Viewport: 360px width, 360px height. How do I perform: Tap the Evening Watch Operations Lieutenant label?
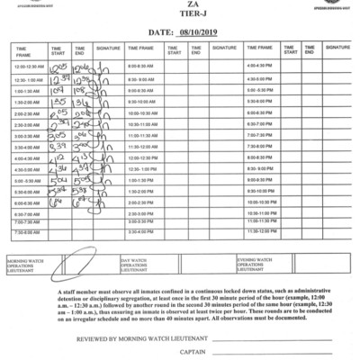point(261,265)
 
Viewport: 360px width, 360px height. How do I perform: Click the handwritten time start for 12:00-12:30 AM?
point(58,67)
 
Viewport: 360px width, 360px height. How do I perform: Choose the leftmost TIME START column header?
point(58,50)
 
